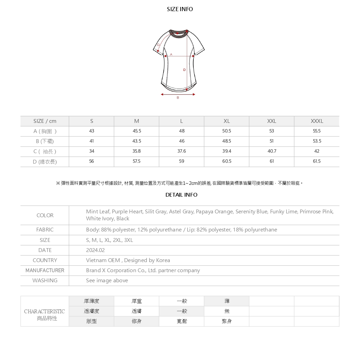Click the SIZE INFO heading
click(180, 9)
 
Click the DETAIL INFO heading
click(181, 195)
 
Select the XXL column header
click(271, 121)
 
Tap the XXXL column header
click(317, 121)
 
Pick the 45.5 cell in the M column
click(137, 131)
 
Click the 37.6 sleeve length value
click(182, 151)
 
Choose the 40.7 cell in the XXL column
click(271, 151)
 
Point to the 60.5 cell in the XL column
click(227, 161)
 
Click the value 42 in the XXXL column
click(316, 151)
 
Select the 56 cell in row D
click(92, 161)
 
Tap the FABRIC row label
click(45, 230)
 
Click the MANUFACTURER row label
click(45, 270)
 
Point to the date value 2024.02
click(95, 250)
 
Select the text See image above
click(107, 281)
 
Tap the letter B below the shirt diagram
click(178, 98)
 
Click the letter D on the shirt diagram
click(184, 70)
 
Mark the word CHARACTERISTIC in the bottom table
click(45, 312)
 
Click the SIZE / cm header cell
click(45, 121)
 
